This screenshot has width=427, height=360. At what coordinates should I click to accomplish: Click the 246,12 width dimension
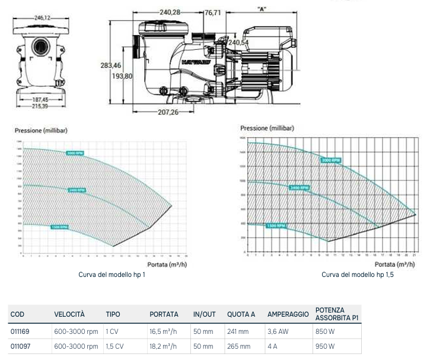click(40, 18)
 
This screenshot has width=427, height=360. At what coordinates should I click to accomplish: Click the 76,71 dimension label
click(212, 12)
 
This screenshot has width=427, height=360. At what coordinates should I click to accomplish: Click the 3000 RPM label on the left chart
click(75, 153)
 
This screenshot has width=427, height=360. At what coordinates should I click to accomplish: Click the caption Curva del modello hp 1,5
click(358, 275)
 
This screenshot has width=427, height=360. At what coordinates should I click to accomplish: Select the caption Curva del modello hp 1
click(111, 275)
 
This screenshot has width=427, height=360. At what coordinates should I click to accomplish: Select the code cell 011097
click(20, 346)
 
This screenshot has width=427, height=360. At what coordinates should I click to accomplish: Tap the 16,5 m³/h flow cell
click(163, 332)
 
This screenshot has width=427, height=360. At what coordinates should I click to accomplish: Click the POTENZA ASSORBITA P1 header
click(337, 314)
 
